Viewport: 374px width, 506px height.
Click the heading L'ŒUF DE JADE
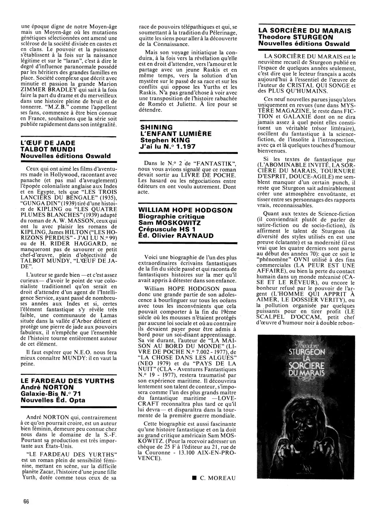coord(48,143)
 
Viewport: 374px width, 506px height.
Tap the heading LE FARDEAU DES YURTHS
coord(67,381)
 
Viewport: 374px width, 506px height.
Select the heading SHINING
coord(156,127)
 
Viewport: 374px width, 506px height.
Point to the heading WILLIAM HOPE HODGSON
coord(185,210)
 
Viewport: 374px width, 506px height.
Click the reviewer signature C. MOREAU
coord(217,478)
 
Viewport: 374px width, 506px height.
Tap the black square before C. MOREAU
coord(194,478)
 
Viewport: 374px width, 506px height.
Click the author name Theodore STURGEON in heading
coord(296,37)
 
